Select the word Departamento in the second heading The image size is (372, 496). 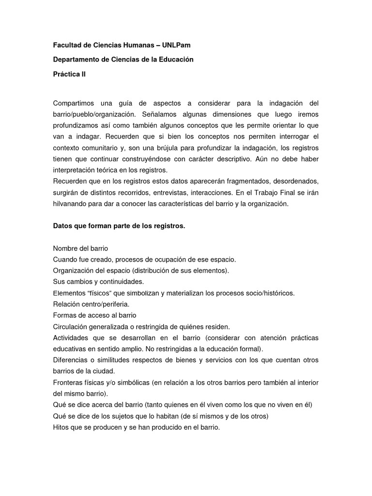pyautogui.click(x=75, y=60)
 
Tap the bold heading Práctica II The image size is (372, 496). pyautogui.click(x=69, y=74)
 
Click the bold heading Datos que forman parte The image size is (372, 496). pyautogui.click(x=119, y=227)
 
